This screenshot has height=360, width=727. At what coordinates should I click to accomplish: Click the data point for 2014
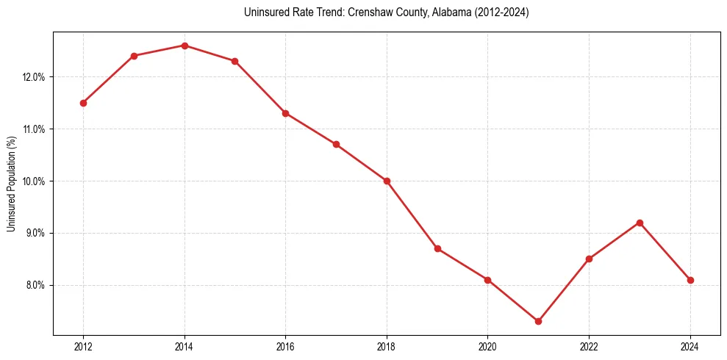pyautogui.click(x=185, y=46)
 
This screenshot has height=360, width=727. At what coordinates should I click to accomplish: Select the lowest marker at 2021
pyautogui.click(x=538, y=321)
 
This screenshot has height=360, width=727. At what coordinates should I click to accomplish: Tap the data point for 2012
pyautogui.click(x=83, y=103)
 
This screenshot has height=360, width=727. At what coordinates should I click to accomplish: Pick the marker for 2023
pyautogui.click(x=640, y=223)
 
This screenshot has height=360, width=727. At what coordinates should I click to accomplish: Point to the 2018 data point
pyautogui.click(x=387, y=181)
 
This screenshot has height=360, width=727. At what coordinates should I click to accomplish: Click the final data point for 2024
pyautogui.click(x=690, y=280)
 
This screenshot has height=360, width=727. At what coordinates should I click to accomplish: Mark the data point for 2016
pyautogui.click(x=285, y=113)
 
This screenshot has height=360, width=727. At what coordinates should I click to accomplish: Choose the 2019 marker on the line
pyautogui.click(x=437, y=248)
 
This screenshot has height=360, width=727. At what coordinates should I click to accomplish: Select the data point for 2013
pyautogui.click(x=134, y=56)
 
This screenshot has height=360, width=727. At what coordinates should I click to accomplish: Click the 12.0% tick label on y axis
pyautogui.click(x=34, y=77)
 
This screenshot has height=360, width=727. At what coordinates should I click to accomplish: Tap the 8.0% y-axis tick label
pyautogui.click(x=35, y=285)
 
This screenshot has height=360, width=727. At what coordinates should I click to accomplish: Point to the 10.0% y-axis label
pyautogui.click(x=34, y=181)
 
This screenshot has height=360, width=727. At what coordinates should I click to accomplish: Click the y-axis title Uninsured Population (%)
pyautogui.click(x=11, y=184)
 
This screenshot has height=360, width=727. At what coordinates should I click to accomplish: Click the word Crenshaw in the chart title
pyautogui.click(x=356, y=12)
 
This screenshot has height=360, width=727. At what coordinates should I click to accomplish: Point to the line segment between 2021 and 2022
pyautogui.click(x=563, y=290)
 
